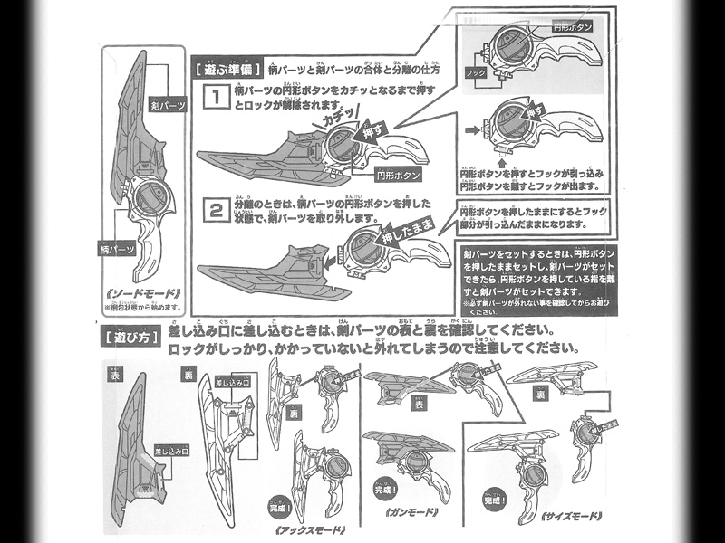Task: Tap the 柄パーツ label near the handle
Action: pos(117,245)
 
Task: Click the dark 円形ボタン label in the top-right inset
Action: pos(573,28)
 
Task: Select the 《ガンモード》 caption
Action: pos(411,513)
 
